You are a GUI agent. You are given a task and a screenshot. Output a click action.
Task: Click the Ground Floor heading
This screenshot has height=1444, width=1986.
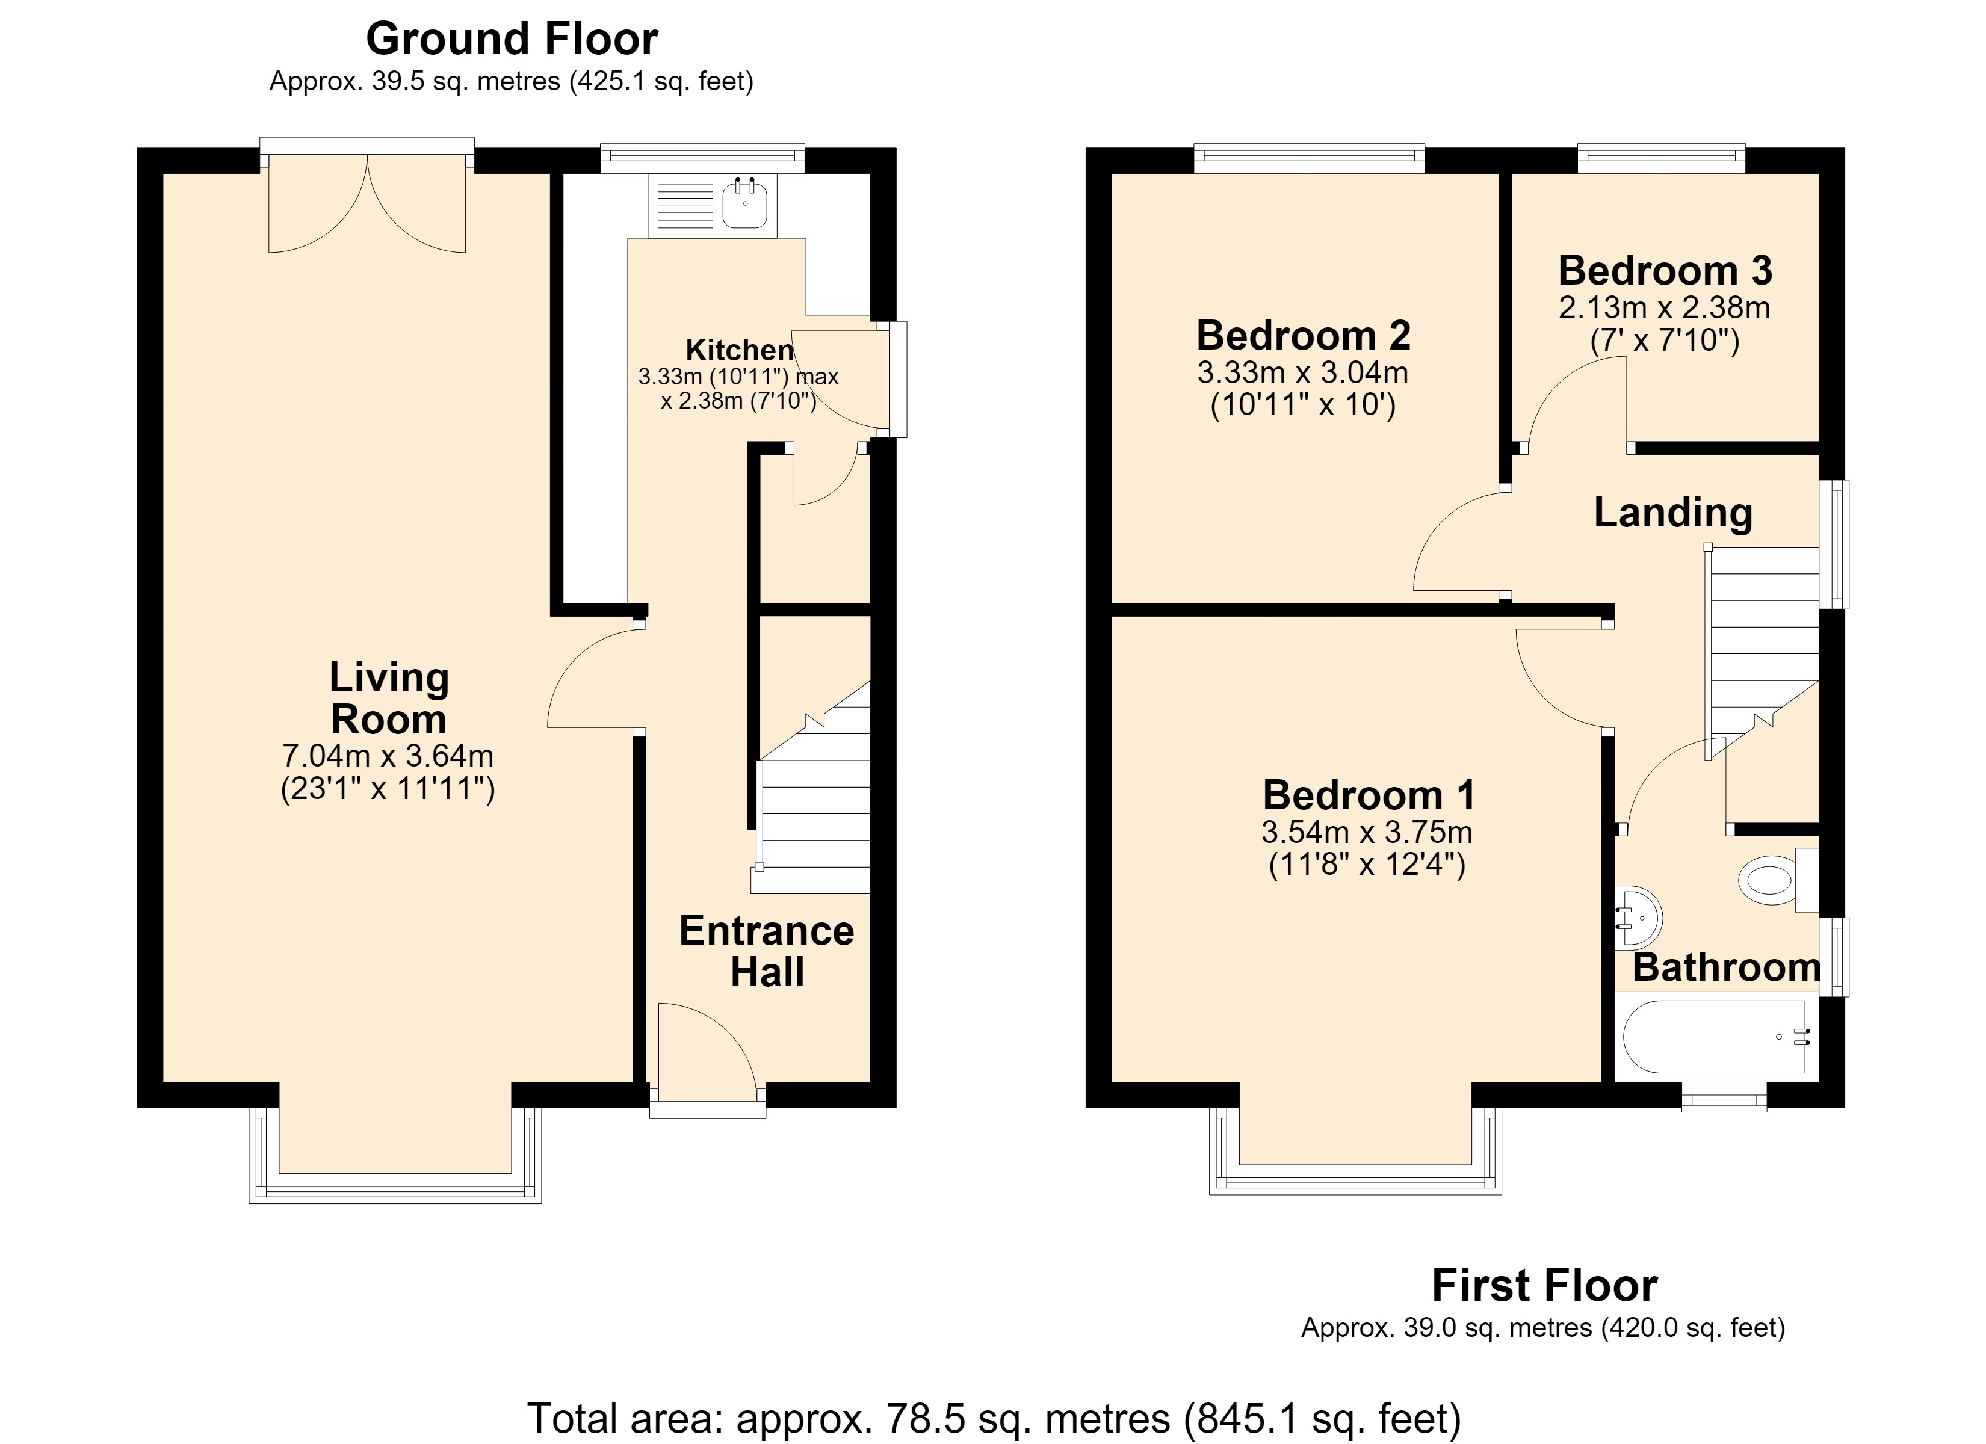[x=512, y=39]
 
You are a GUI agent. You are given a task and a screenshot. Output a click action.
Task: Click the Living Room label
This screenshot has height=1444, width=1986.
[x=389, y=698]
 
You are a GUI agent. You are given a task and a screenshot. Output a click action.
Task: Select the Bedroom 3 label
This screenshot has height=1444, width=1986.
[x=1665, y=271]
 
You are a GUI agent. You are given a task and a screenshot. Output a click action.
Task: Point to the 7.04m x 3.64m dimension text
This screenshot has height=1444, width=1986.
[x=388, y=755]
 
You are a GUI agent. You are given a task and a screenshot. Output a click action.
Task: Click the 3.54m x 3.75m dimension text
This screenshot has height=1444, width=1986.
[x=1367, y=832]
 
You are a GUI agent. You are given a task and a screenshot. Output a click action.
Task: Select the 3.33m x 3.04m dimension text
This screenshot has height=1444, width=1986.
[x=1302, y=373]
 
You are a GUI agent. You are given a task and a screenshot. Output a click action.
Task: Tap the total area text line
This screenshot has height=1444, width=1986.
[x=994, y=1418]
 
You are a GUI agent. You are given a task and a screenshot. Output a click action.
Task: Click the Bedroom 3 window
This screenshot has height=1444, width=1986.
[x=1661, y=158]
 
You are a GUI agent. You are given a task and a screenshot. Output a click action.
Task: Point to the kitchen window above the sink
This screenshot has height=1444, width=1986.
[x=702, y=158]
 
